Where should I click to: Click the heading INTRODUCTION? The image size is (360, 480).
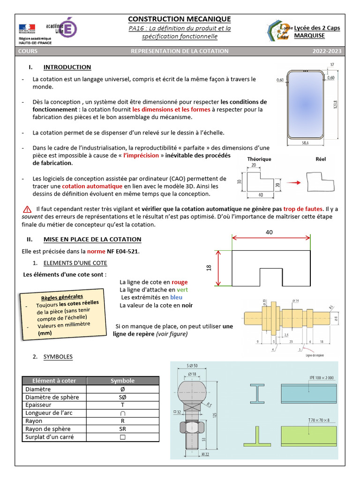pyautogui.click(x=67, y=67)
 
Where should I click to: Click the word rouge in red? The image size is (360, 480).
pyautogui.click(x=179, y=282)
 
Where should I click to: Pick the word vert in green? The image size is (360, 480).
pyautogui.click(x=182, y=290)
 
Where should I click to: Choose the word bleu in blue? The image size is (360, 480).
pyautogui.click(x=176, y=297)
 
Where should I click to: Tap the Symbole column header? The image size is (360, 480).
pyautogui.click(x=122, y=381)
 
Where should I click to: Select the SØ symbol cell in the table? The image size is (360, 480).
pyautogui.click(x=123, y=397)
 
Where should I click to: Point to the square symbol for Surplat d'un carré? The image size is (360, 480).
pyautogui.click(x=123, y=437)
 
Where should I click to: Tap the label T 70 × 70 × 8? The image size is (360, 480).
pyautogui.click(x=319, y=420)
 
